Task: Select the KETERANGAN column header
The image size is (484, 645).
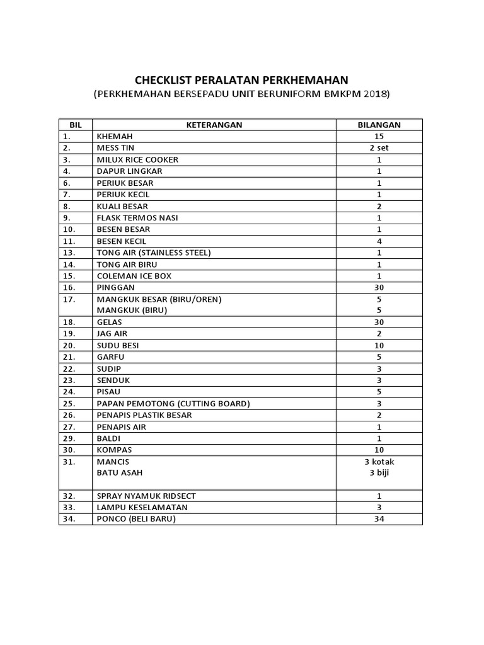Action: coord(214,125)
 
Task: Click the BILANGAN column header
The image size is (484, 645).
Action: coord(379,125)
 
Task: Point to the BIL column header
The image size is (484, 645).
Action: coord(76,125)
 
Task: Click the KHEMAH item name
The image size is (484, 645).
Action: coord(115,136)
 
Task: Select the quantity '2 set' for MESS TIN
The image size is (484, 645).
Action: coord(379,148)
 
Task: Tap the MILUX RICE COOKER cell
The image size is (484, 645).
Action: coord(137,159)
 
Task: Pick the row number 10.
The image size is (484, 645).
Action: coord(69,229)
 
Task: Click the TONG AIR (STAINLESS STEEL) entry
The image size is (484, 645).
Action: coord(153,253)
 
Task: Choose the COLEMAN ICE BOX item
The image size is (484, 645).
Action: coord(134,276)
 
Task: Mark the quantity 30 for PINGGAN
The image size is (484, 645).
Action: coord(379,287)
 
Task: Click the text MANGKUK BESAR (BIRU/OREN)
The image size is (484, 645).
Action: coord(158,299)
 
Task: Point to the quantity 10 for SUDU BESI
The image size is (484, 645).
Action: coord(379,345)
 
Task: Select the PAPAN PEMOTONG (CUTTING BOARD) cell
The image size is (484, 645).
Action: coord(173,403)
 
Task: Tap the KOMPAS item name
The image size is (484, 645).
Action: coord(115,450)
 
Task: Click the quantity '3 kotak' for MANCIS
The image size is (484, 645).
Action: coord(379,462)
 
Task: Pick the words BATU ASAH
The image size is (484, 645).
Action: coord(119,473)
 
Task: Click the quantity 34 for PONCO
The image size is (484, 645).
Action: coord(379,519)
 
